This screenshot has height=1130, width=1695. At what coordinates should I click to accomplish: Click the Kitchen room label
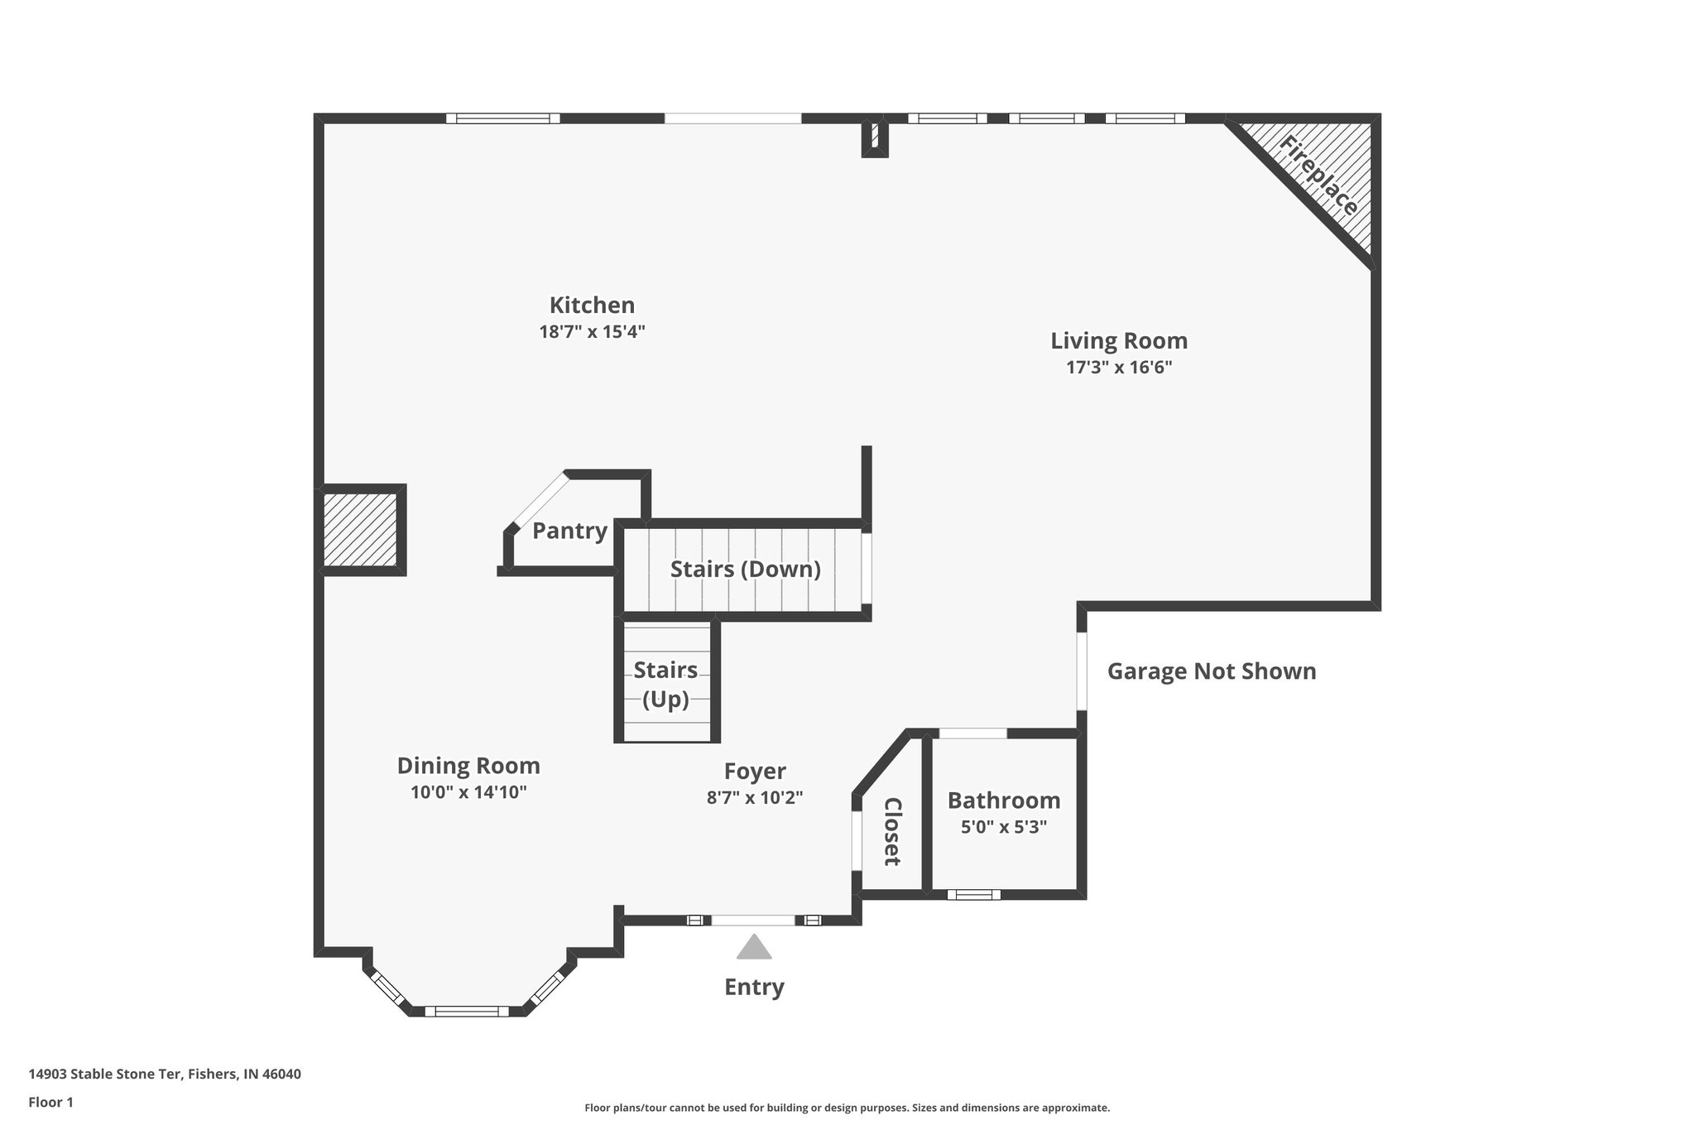point(592,305)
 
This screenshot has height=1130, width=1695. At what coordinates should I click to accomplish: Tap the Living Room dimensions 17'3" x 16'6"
point(1119,368)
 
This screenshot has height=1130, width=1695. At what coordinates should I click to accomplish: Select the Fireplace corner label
point(1318,176)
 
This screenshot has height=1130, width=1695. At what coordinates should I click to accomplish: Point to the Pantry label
point(569,531)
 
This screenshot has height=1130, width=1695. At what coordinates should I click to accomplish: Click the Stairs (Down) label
point(745,570)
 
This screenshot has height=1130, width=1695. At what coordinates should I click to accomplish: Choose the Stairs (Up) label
point(665,684)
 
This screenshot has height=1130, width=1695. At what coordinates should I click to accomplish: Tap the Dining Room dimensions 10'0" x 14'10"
point(468,792)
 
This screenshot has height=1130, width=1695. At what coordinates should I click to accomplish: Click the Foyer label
point(755,772)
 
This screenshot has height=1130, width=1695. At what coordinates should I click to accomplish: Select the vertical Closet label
point(892,831)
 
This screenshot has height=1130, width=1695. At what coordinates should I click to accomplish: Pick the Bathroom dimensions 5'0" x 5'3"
point(1004,827)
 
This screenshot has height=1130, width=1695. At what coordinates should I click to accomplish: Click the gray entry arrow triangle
point(754,948)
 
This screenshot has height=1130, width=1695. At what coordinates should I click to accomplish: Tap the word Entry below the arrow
point(754,987)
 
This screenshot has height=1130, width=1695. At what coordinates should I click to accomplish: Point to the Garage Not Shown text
point(1212,671)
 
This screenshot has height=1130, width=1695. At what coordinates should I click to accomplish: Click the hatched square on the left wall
point(361,530)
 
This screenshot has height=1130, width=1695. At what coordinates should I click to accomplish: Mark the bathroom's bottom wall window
point(973,894)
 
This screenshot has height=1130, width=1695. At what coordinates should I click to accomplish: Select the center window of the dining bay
point(468,1010)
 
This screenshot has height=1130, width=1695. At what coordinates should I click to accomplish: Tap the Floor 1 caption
point(51,1102)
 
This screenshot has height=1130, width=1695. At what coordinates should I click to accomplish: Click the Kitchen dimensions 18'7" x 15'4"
point(592,332)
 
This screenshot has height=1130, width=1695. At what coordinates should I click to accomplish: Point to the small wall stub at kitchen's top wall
point(875,138)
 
